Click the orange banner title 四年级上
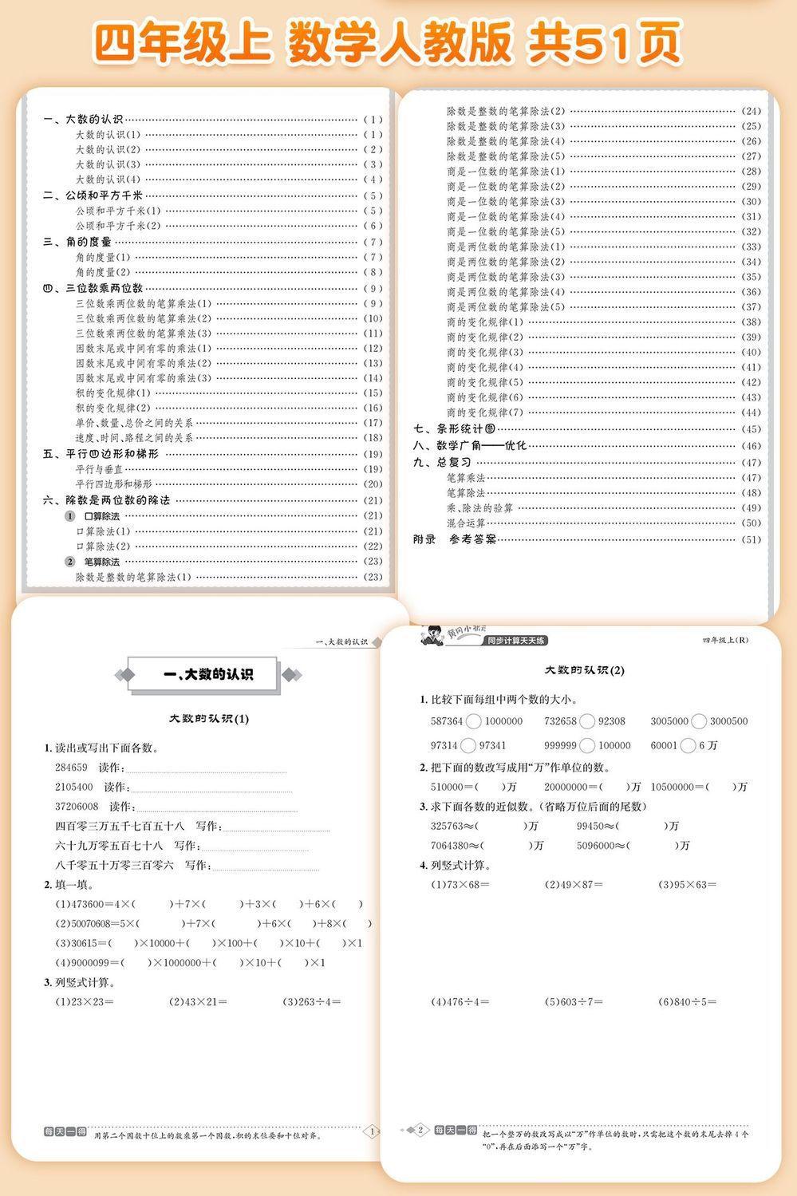coord(182,41)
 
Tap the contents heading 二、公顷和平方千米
coord(93,195)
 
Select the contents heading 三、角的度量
coord(77,242)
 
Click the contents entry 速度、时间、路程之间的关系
coord(134,438)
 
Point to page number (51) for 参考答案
coord(751,539)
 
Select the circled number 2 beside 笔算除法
coord(70,562)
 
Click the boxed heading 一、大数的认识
coord(207,675)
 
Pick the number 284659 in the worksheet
coord(71,768)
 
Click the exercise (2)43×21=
coord(198,1001)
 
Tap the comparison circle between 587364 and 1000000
coord(473,721)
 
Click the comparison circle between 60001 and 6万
coord(688,745)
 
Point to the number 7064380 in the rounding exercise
coord(449,845)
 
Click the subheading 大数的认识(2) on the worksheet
coord(585,670)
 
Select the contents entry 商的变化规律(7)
coord(485,412)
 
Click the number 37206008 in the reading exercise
coord(77,807)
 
